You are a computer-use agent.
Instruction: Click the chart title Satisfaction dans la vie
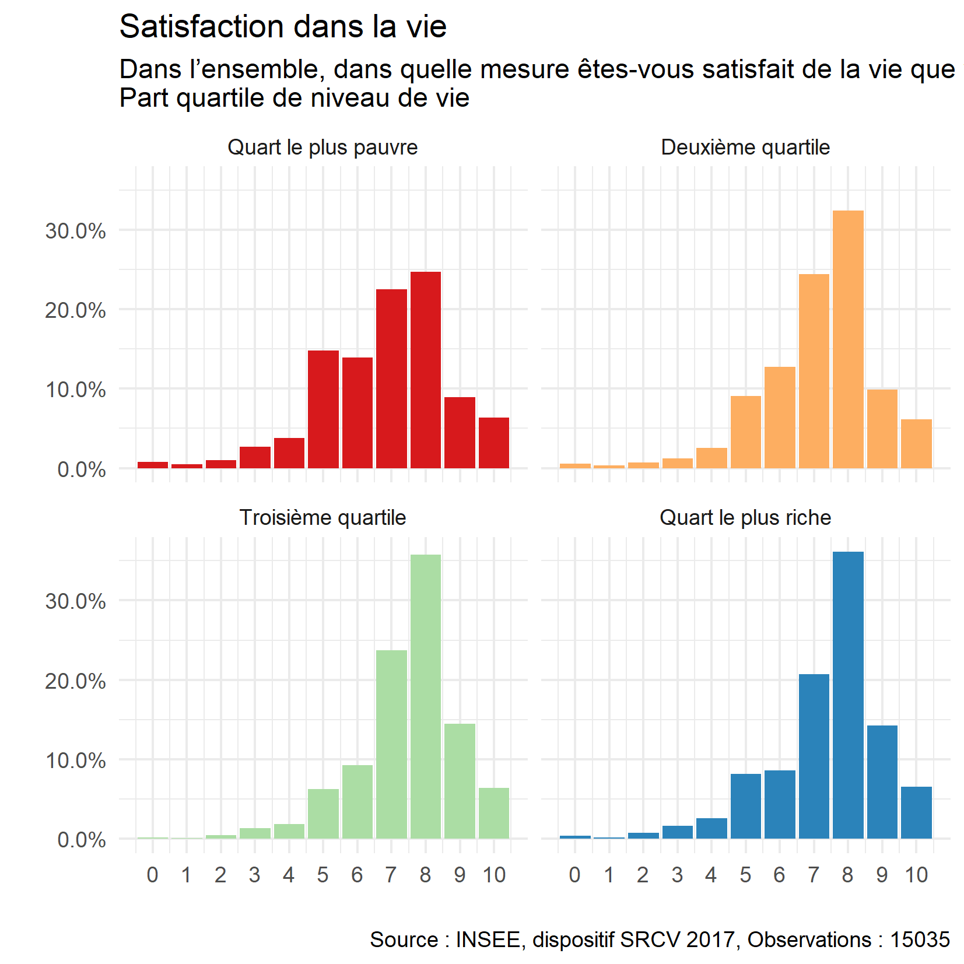(283, 27)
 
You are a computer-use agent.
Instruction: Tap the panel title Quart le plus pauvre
(322, 148)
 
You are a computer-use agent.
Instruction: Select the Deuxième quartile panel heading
(745, 148)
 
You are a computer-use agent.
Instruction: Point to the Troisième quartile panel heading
(322, 518)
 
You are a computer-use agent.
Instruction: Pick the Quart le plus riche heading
(745, 518)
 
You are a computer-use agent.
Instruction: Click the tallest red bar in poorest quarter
(425, 370)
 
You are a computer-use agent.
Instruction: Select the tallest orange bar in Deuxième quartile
(848, 339)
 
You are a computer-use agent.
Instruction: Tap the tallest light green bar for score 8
(425, 696)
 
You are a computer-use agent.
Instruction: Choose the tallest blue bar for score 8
(848, 695)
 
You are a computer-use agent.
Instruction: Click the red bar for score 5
(323, 409)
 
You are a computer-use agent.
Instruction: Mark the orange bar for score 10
(916, 444)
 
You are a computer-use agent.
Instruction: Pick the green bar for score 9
(460, 781)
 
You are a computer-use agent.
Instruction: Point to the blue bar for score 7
(814, 756)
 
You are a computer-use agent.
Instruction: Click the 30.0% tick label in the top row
(76, 232)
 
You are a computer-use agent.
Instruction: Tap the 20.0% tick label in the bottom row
(76, 681)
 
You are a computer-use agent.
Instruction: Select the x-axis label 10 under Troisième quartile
(494, 875)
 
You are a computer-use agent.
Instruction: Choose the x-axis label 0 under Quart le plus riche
(575, 875)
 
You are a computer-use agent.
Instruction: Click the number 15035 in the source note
(920, 940)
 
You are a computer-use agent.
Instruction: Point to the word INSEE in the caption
(488, 940)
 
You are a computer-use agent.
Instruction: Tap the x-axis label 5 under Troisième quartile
(323, 875)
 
